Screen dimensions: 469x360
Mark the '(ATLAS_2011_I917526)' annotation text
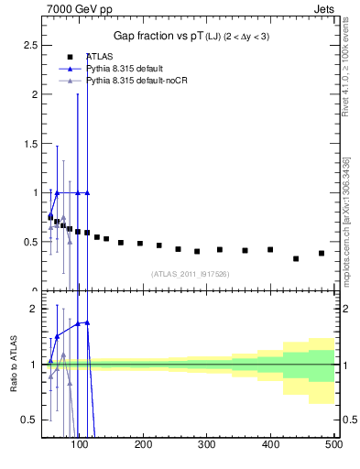(x=190, y=274)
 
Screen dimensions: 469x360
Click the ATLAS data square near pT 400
(x=270, y=249)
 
